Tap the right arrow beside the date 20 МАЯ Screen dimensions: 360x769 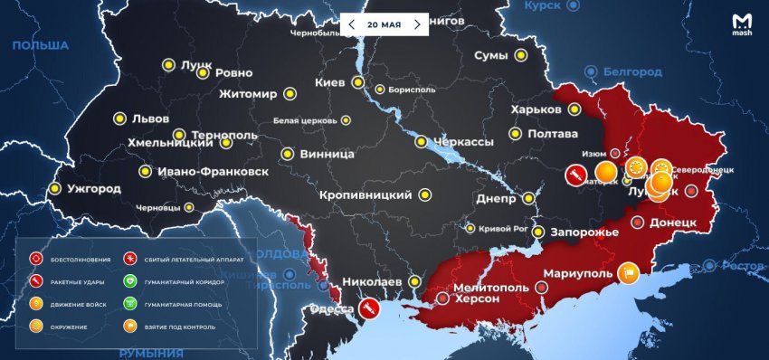[x=417, y=24]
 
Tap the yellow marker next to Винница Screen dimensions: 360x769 [x=287, y=154]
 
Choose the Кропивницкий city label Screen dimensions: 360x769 [x=366, y=194]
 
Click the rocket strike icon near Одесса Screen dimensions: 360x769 [x=369, y=308]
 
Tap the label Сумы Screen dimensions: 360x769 [x=491, y=56]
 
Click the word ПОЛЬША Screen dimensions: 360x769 [x=41, y=45]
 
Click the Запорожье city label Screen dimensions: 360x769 [x=584, y=232]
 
